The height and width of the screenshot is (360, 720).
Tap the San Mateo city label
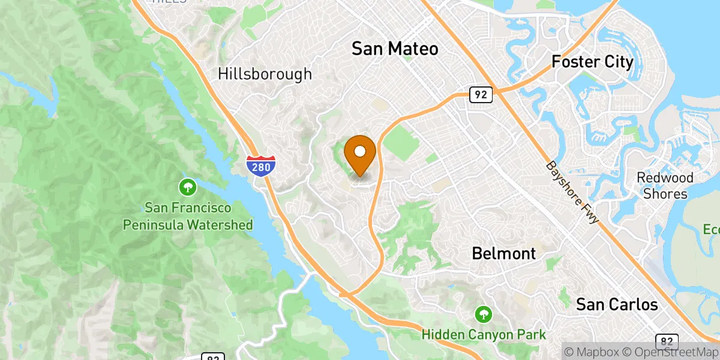point(395,49)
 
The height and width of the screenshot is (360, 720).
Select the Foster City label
point(592,62)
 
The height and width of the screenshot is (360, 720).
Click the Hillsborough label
point(265,74)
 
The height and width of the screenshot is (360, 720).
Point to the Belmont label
point(503,253)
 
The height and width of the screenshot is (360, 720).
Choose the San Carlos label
point(617,304)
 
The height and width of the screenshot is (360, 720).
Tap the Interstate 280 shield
point(261,166)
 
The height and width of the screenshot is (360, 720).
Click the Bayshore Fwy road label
point(572,193)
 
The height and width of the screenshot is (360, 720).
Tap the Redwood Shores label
point(665,185)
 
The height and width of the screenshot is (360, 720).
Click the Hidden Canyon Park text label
point(483,334)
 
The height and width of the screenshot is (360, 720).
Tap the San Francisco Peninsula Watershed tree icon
point(188,188)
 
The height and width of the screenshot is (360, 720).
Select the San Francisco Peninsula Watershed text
point(188,217)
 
